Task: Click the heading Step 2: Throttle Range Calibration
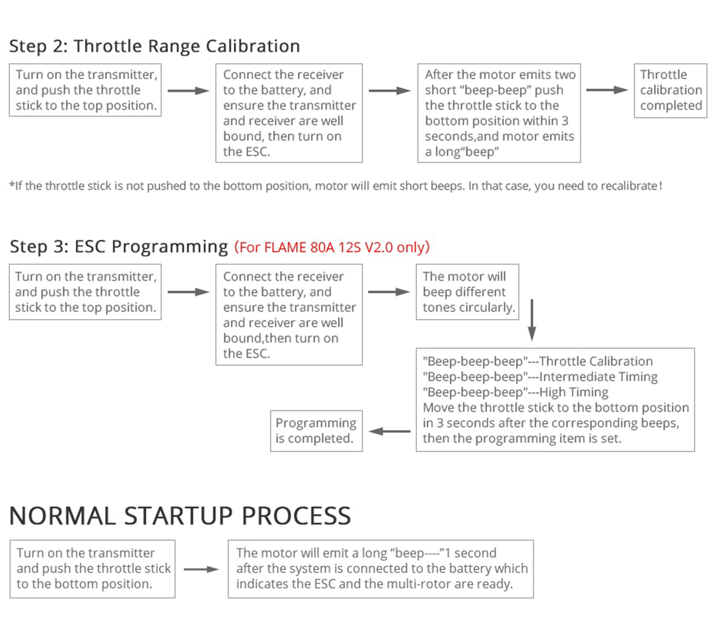(x=154, y=46)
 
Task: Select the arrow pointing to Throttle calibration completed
(x=607, y=90)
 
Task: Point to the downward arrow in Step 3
(x=532, y=320)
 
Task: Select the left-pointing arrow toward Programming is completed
(x=390, y=432)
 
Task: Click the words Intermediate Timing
(x=598, y=377)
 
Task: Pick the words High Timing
(x=573, y=392)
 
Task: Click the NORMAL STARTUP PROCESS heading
(x=180, y=516)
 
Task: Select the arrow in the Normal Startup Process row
(x=201, y=569)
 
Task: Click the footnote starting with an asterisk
(x=335, y=186)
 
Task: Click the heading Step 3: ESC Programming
(x=119, y=247)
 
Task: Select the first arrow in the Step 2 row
(x=188, y=91)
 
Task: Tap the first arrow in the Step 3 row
(x=188, y=292)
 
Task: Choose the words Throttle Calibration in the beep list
(x=596, y=361)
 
